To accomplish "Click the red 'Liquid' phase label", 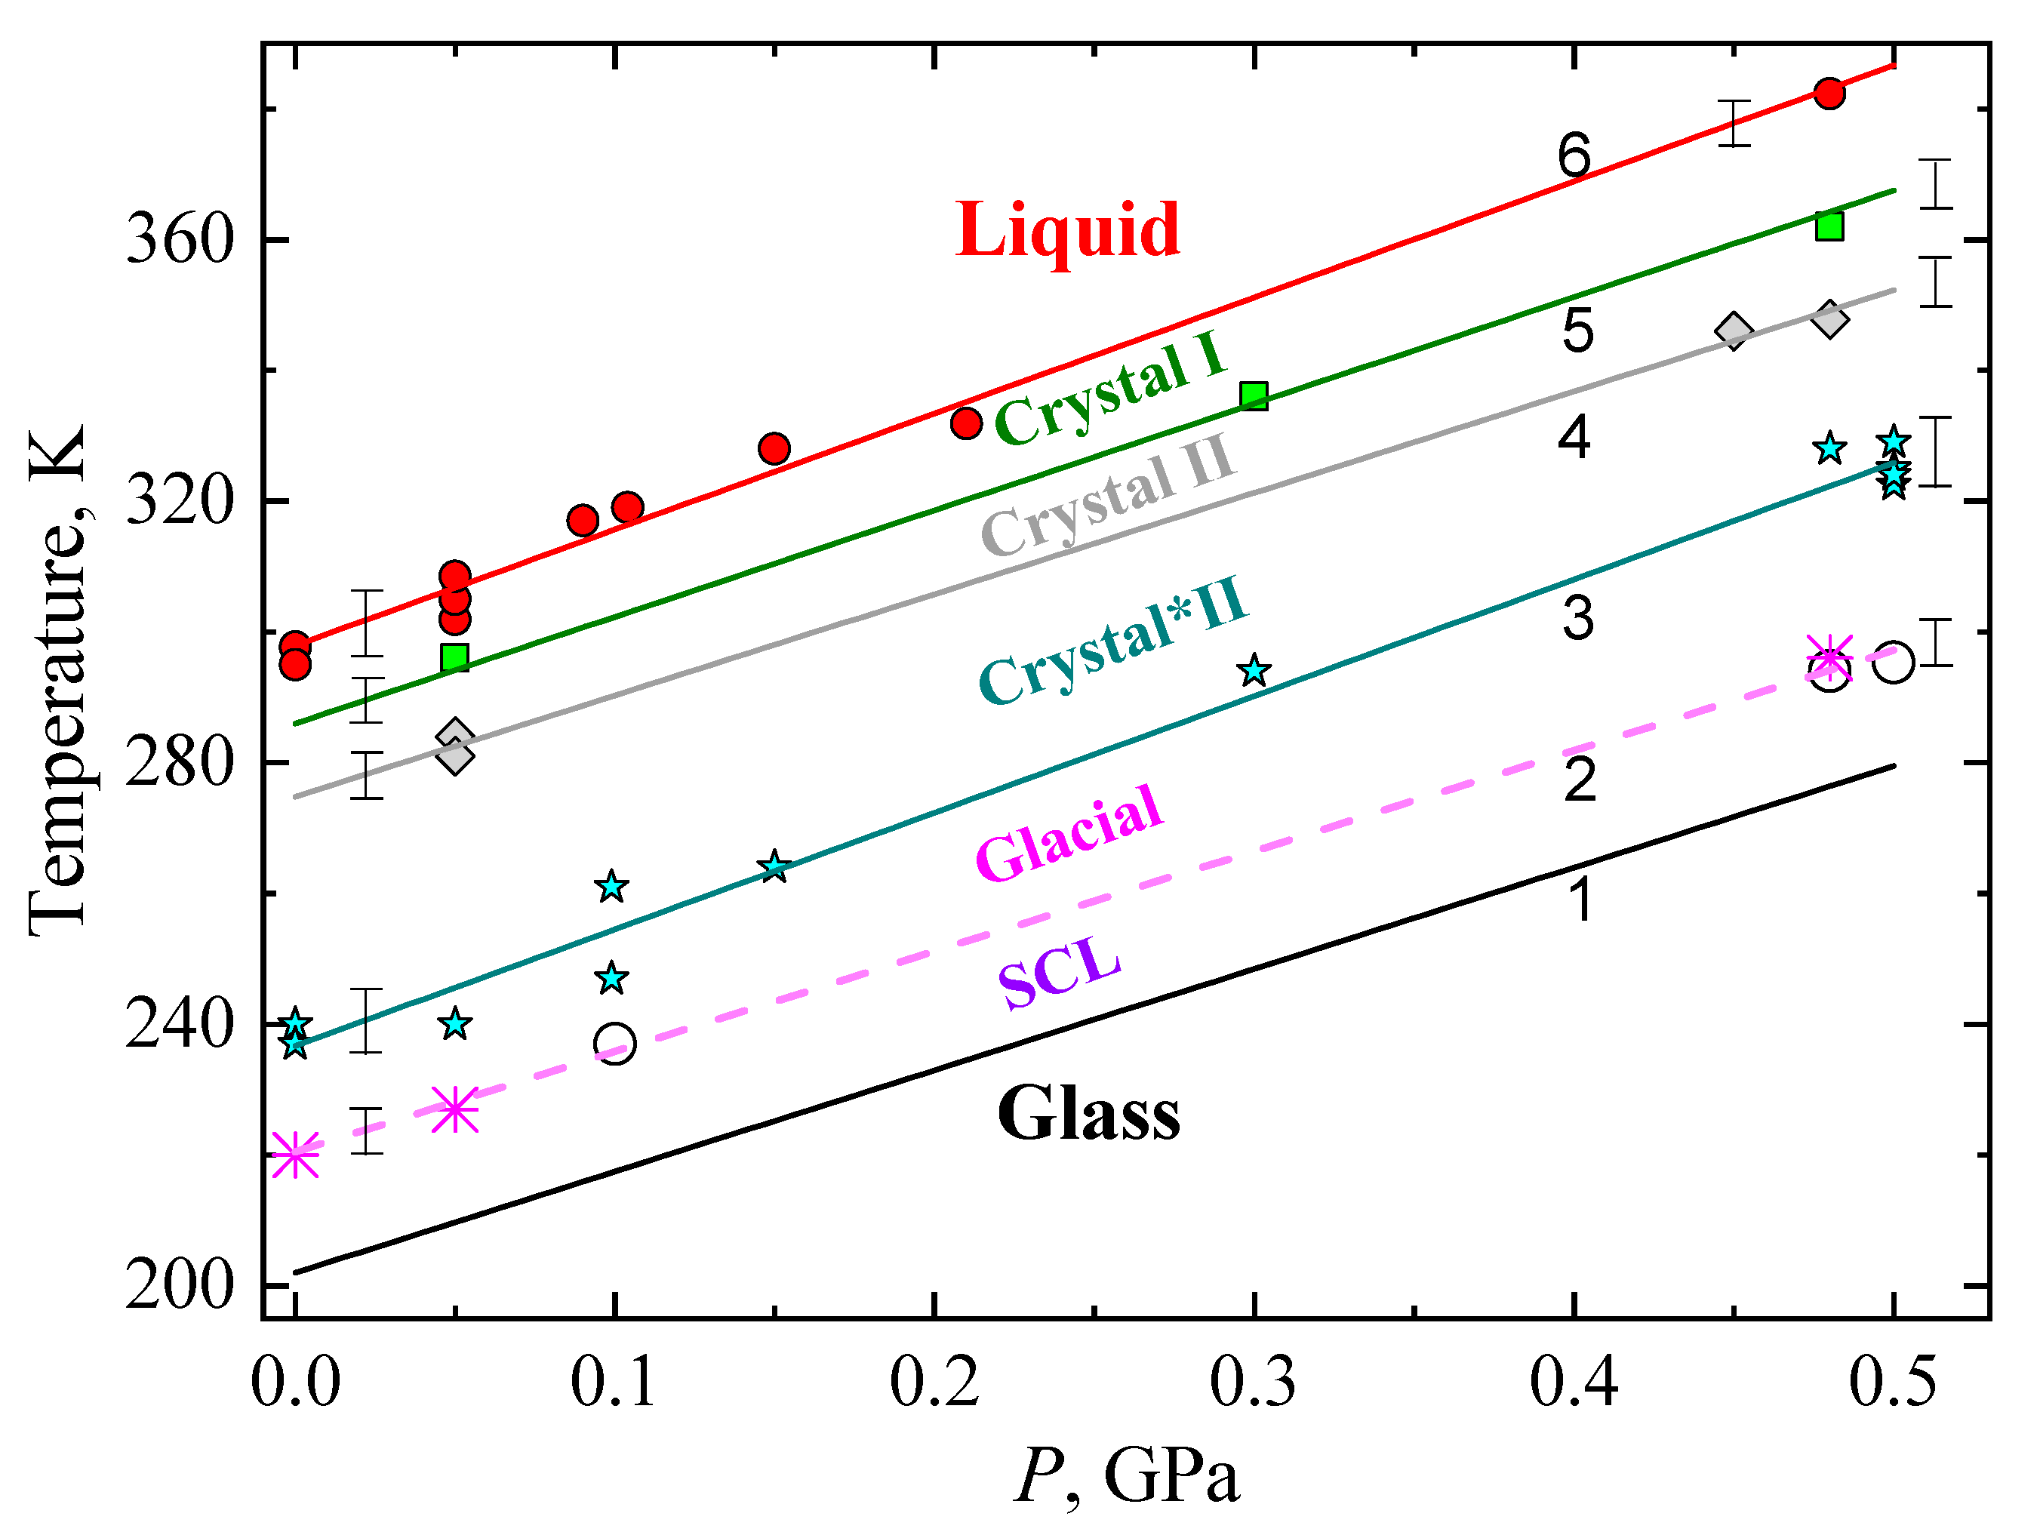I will [1067, 230].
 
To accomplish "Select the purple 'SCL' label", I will [1060, 974].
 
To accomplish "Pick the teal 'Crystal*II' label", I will [1113, 640].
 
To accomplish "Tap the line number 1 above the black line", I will [1580, 899].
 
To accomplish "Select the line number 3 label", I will [1578, 619].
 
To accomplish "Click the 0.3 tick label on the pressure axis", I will [1252, 1384].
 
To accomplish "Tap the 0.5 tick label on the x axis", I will [1891, 1384].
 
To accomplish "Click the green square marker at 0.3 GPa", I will [1254, 396].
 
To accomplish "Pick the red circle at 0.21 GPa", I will [965, 423].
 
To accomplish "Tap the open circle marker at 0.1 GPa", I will [615, 1044].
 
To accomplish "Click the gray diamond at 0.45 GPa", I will [1734, 331].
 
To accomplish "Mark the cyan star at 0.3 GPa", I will [1254, 671].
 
